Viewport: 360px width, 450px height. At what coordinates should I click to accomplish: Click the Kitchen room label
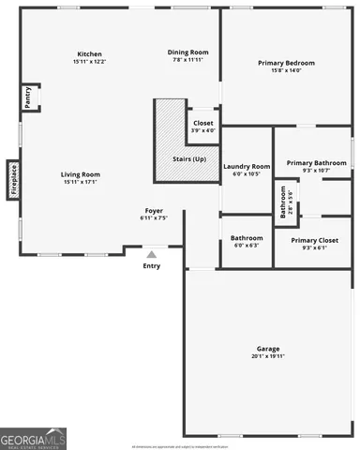(90, 53)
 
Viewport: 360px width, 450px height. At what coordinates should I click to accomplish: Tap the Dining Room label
(187, 52)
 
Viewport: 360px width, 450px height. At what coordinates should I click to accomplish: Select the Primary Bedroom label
(286, 63)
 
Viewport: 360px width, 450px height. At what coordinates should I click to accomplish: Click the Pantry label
(27, 97)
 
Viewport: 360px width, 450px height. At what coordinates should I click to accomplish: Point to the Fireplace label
(13, 180)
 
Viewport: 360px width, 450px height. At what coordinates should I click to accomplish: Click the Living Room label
(81, 174)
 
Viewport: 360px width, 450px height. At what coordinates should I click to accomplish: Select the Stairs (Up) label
(189, 159)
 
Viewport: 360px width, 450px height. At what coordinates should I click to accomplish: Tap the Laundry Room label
(247, 166)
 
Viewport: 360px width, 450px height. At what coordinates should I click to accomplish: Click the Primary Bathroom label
(312, 162)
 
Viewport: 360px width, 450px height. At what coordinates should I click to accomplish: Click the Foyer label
(154, 210)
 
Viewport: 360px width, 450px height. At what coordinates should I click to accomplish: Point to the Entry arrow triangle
(152, 252)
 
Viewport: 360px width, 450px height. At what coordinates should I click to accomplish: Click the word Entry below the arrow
(152, 265)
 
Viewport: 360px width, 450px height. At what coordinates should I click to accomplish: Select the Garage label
(267, 348)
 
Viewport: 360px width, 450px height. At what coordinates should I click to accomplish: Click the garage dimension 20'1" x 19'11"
(267, 356)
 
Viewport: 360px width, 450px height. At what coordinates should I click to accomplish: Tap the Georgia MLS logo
(34, 438)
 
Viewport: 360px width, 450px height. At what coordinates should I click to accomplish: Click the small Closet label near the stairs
(203, 123)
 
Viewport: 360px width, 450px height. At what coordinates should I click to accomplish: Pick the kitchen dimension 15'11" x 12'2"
(90, 62)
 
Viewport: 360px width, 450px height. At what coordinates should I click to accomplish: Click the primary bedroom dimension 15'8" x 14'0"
(286, 71)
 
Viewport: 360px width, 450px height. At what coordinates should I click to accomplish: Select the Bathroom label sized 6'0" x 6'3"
(247, 237)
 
